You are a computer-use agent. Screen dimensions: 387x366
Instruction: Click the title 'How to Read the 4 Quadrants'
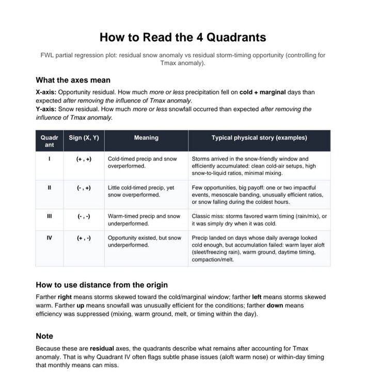pos(183,37)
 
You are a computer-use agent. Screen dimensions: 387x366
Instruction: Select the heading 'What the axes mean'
pos(73,80)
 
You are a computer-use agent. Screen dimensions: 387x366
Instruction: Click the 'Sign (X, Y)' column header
pos(84,138)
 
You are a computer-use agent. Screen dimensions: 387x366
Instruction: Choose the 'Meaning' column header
pos(146,138)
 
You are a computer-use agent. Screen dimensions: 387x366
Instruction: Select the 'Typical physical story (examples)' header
pos(259,138)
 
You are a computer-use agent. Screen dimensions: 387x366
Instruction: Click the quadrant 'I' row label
pos(50,159)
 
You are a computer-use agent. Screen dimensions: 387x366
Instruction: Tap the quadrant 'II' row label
pos(50,188)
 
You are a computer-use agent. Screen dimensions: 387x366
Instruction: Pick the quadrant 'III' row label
pos(50,216)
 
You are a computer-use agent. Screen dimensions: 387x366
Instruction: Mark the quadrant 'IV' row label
pos(50,238)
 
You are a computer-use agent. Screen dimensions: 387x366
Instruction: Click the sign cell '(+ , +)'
pos(84,159)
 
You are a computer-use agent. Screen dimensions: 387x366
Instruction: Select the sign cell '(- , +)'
pos(84,188)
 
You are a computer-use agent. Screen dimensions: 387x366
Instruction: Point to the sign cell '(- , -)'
pos(84,216)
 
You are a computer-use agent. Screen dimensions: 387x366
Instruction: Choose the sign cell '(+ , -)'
pos(84,238)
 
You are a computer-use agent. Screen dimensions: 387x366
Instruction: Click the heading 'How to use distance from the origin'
pos(102,285)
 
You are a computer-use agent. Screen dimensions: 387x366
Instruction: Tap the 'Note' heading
pos(44,336)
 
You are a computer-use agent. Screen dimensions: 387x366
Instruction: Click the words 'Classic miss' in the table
pos(208,216)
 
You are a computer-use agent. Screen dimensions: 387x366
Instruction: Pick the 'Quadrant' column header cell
pos(50,141)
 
